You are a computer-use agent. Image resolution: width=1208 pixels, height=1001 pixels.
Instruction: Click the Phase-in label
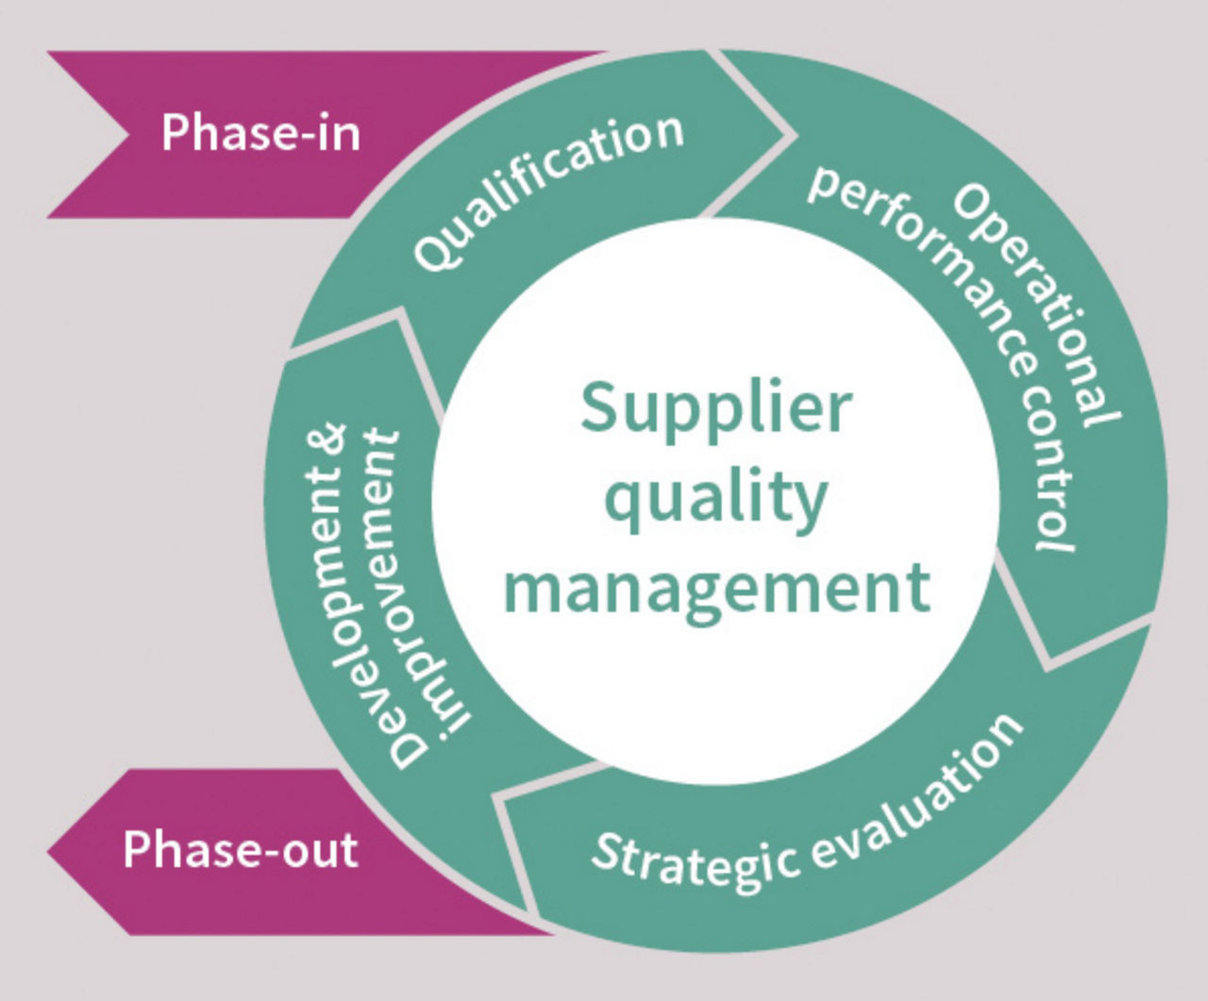coord(260,132)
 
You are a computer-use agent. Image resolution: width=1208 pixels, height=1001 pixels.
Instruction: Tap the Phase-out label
coord(240,849)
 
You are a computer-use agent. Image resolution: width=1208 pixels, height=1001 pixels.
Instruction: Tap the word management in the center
coord(717,587)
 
